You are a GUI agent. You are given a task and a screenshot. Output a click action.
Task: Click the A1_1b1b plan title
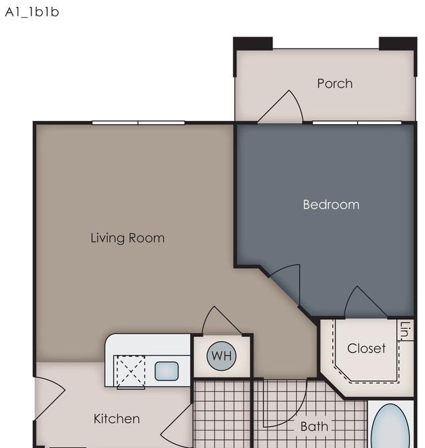32,12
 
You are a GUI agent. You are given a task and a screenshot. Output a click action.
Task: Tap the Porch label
335,84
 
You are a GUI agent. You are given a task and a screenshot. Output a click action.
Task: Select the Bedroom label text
331,205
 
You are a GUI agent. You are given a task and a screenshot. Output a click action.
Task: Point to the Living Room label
127,238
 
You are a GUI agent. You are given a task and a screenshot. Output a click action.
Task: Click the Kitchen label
117,419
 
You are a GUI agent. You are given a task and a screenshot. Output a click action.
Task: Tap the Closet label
366,349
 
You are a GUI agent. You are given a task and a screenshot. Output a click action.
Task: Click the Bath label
314,426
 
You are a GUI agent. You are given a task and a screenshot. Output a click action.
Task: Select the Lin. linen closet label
406,330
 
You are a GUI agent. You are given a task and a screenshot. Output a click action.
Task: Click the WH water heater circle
222,356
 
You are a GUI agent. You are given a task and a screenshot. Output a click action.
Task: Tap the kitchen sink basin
167,371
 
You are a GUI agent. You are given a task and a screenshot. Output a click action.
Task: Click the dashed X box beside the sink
131,371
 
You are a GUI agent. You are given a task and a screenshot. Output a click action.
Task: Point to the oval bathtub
391,426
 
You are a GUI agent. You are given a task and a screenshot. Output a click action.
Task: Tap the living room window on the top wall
138,123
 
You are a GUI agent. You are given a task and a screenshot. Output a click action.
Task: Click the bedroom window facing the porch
357,123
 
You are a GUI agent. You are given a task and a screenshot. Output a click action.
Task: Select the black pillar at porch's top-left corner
252,43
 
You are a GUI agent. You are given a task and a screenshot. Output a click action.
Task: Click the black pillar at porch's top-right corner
398,43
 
